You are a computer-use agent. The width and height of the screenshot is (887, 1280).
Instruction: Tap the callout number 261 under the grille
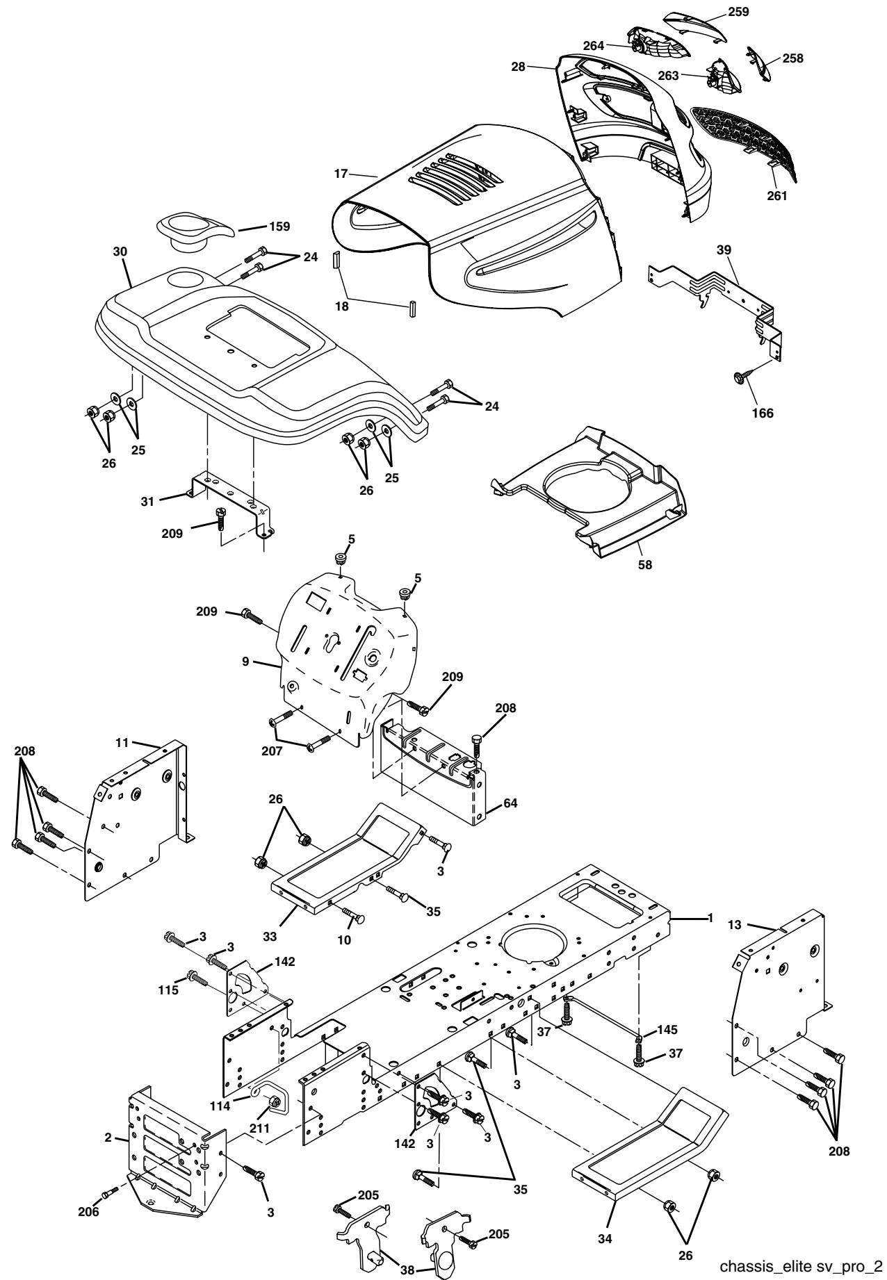[x=776, y=196]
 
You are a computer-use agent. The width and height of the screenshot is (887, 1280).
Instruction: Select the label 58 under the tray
[x=646, y=564]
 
